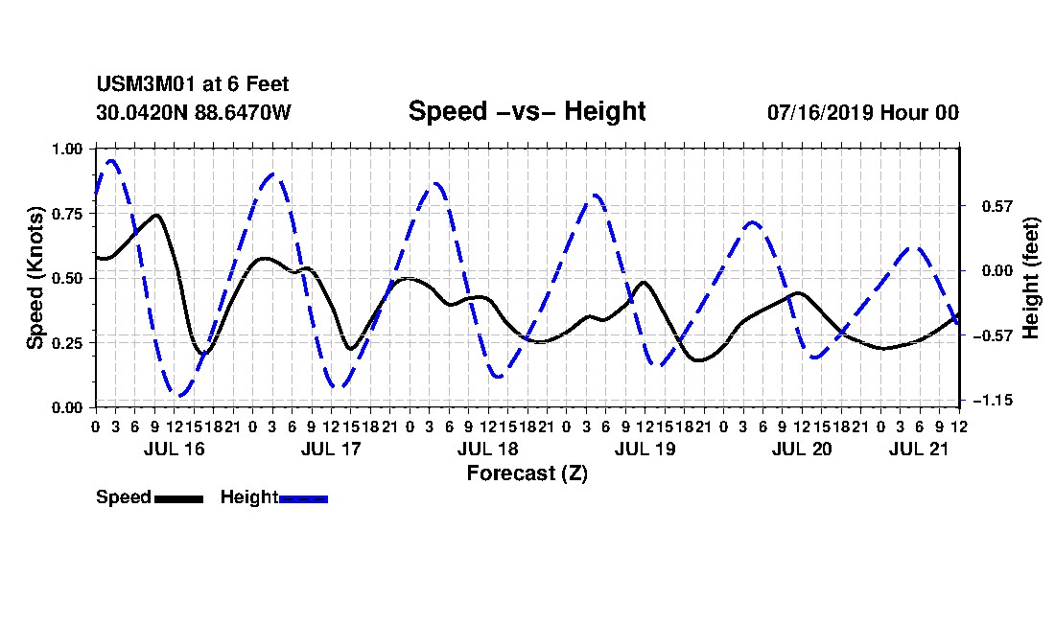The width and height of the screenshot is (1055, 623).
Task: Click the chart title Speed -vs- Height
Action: coord(527,111)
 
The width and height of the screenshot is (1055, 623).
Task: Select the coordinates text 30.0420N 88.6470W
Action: coord(194,112)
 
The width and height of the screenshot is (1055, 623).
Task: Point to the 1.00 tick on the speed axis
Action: coord(67,149)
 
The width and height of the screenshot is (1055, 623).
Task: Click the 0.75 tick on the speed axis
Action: coord(67,214)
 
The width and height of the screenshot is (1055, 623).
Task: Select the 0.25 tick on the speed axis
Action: coord(67,343)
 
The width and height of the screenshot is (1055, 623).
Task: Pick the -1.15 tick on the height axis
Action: coord(993,401)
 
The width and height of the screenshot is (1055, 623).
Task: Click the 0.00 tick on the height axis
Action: coord(997,271)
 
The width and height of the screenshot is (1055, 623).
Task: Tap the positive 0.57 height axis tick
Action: coord(997,206)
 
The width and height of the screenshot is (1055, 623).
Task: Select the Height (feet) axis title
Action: coord(1031,278)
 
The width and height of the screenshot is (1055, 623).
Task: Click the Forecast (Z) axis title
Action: coord(527,473)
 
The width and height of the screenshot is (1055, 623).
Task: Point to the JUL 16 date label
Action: coord(175,449)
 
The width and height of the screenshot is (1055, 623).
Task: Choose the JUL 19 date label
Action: coord(645,449)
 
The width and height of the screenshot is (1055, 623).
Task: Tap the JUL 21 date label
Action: coord(919,449)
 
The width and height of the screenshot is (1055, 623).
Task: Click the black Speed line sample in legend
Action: coord(179,498)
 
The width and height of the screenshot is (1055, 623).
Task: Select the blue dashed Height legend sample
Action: coord(303,498)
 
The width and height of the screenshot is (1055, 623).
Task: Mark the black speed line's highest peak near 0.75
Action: coord(156,215)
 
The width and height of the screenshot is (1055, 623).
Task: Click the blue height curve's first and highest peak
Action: coord(111,161)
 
